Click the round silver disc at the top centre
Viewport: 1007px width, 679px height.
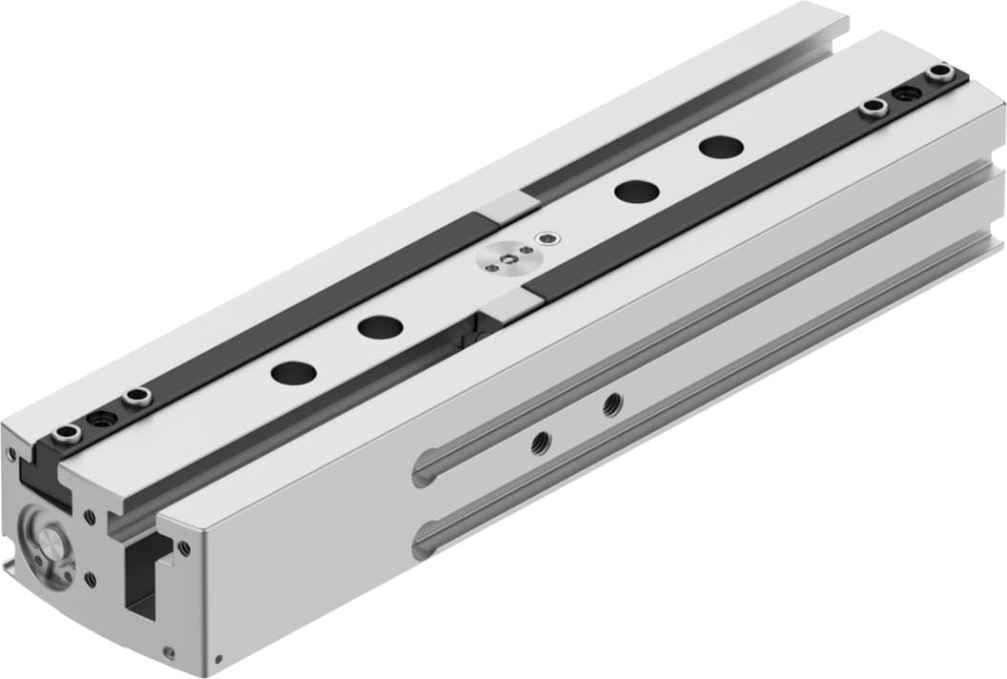tap(506, 259)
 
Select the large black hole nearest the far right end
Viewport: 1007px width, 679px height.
tap(720, 147)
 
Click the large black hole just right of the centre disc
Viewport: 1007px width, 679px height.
tap(636, 190)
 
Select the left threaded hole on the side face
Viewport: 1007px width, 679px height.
tap(541, 442)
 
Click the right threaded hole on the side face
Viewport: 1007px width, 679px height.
tap(613, 403)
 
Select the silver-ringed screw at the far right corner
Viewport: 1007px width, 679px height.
tap(941, 73)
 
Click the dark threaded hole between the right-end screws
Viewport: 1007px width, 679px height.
tap(906, 93)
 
